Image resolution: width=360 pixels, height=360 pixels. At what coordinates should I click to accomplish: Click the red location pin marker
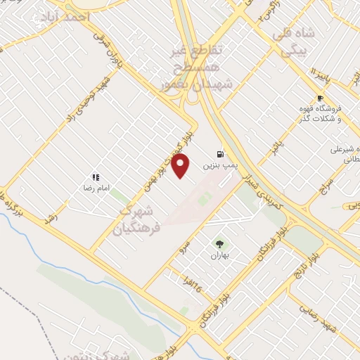pos(181,167)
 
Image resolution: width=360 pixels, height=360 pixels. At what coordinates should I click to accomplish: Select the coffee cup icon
pos(321,98)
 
